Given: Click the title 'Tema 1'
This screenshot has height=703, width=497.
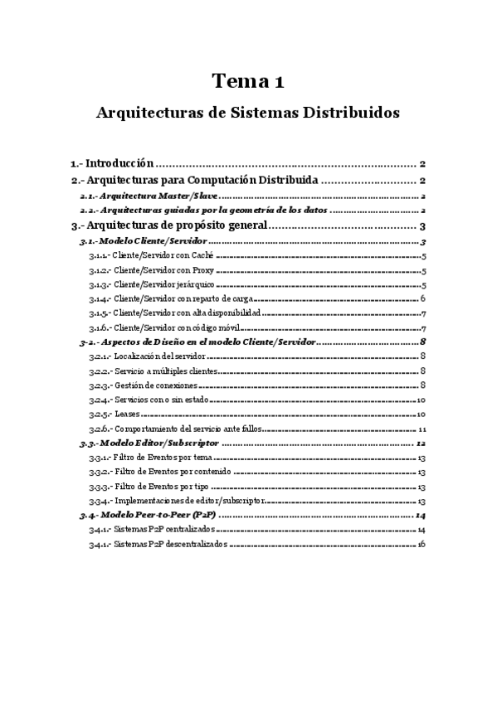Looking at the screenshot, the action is click(x=248, y=81).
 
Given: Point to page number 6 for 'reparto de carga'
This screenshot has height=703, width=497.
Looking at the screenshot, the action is click(x=423, y=298).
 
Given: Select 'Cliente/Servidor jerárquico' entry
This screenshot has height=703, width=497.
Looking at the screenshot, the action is click(x=160, y=285).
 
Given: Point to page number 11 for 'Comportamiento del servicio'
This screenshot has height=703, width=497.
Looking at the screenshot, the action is click(x=422, y=429).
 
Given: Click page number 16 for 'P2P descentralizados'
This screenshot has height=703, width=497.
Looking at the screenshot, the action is click(x=422, y=545).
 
